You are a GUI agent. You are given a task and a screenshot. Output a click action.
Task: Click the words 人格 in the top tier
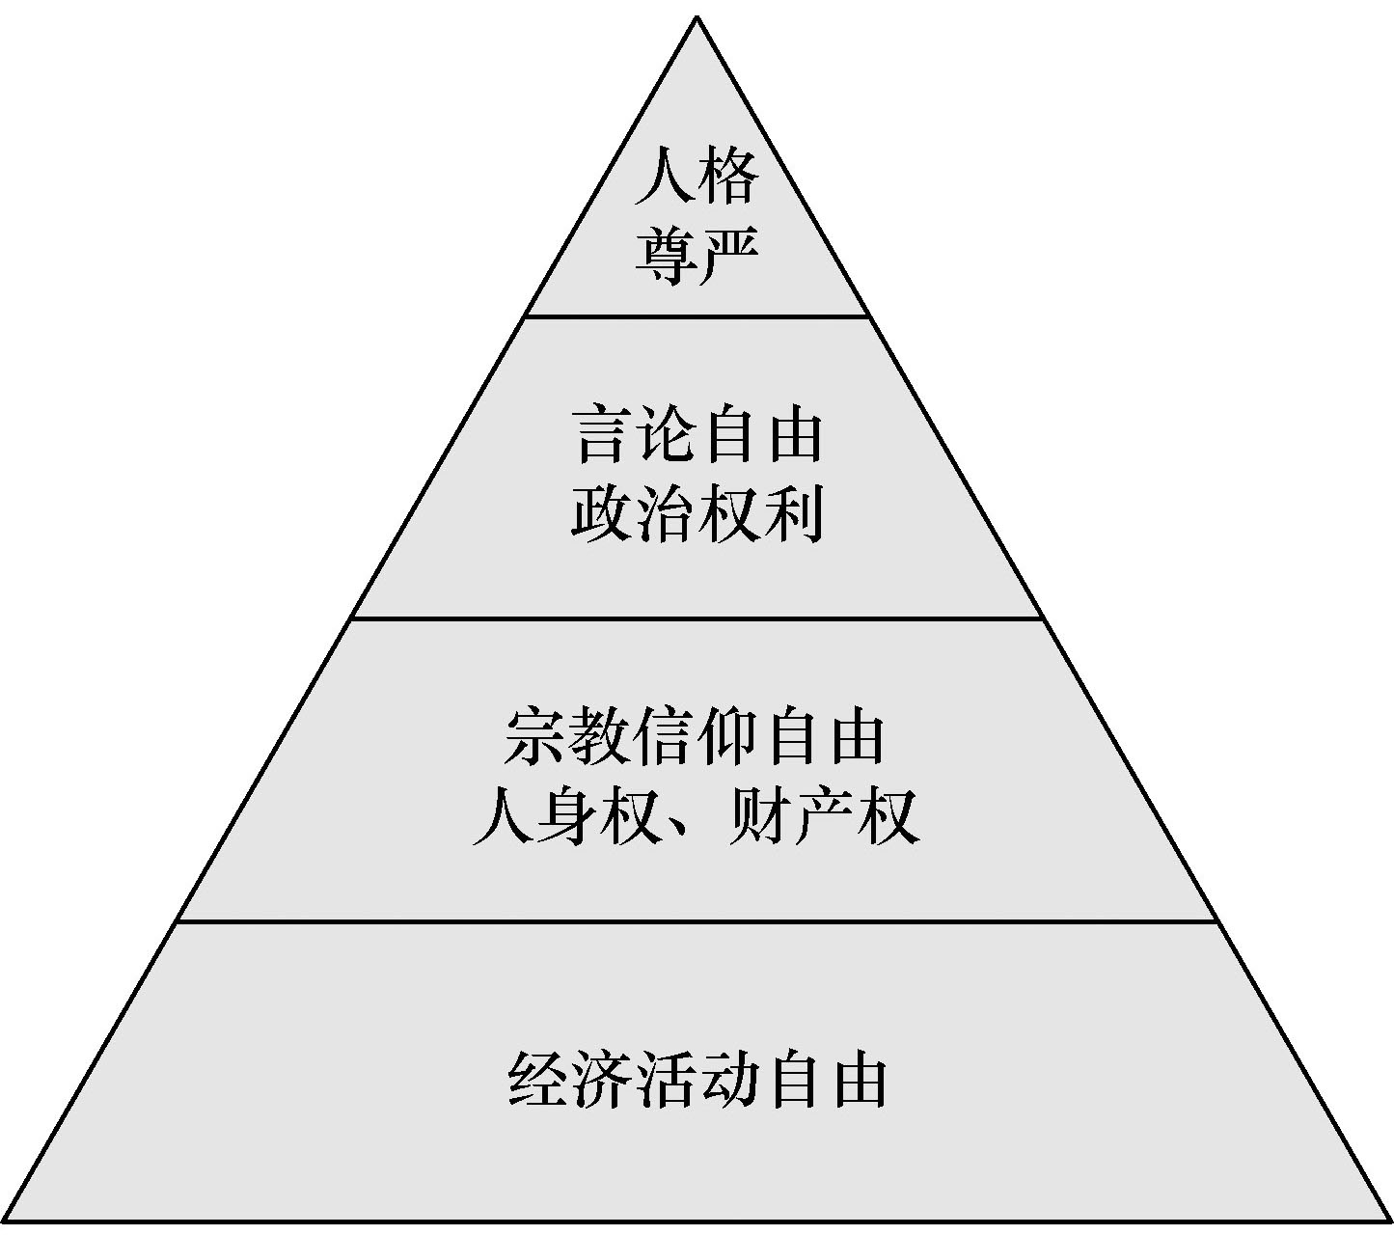(x=697, y=176)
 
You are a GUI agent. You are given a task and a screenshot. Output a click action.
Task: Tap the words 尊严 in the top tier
(x=697, y=255)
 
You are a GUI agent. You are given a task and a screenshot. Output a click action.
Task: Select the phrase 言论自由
(x=697, y=436)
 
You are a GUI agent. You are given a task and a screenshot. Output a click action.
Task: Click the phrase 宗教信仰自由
(x=695, y=738)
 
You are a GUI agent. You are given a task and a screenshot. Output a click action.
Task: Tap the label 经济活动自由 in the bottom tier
(x=697, y=1081)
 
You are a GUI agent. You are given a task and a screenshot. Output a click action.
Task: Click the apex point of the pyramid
(x=697, y=17)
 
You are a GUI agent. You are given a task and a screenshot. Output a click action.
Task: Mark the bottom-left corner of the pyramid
(x=6, y=1221)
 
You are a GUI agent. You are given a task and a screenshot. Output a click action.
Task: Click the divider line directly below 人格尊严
(x=697, y=316)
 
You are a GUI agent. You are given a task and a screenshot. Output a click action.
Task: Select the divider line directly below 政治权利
(x=697, y=617)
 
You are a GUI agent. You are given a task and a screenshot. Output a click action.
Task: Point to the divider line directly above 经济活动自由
(x=697, y=921)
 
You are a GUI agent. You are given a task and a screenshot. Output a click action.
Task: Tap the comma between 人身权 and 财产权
(x=675, y=832)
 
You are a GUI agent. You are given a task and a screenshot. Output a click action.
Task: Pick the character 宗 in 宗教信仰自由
(x=536, y=738)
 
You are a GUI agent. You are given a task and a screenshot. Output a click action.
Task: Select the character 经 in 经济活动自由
(x=538, y=1081)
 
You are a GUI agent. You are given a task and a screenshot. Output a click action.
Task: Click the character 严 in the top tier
(x=728, y=255)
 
